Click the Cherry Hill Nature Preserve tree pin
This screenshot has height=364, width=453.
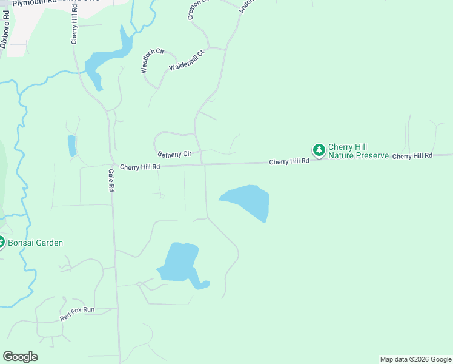[319, 149]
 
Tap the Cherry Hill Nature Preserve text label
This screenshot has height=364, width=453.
[357, 151]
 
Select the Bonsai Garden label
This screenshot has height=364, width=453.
[35, 243]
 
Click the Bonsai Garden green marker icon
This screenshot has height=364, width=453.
[1, 242]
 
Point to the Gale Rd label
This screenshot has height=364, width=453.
[111, 181]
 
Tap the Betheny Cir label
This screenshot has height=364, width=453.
[174, 154]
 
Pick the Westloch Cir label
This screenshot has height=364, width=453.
[153, 61]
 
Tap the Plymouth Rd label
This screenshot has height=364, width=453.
[36, 4]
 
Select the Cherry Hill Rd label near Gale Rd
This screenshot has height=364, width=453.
[139, 167]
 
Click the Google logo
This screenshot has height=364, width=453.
[20, 357]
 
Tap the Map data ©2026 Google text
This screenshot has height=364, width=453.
[415, 359]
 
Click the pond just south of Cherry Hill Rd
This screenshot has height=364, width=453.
[248, 200]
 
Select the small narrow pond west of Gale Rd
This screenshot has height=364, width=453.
[71, 146]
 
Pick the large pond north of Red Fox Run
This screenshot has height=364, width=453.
[179, 263]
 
